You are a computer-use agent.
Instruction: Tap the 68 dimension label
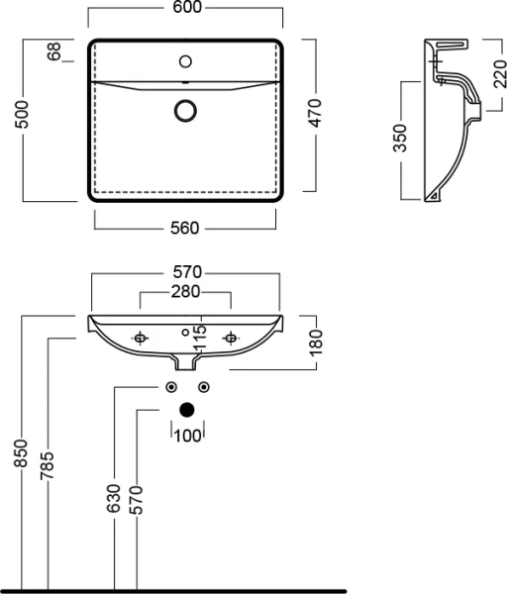(54, 52)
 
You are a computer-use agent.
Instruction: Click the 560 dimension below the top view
(186, 228)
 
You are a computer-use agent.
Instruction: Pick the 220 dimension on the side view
(490, 72)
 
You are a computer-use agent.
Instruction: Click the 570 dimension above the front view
(186, 271)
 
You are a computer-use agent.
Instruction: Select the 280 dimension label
(186, 291)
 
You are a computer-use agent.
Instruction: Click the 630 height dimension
(113, 500)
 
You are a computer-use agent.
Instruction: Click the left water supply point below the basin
(171, 386)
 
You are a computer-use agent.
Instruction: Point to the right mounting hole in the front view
(232, 339)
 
